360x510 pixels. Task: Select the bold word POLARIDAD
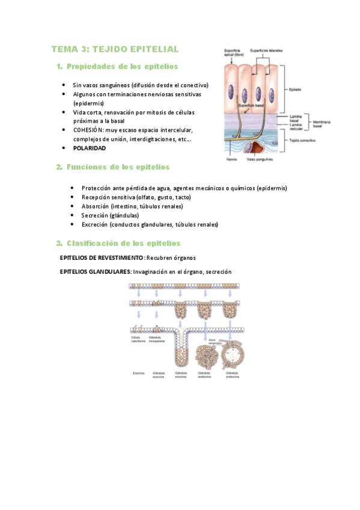pyautogui.click(x=90, y=147)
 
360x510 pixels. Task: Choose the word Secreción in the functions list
pyautogui.click(x=95, y=215)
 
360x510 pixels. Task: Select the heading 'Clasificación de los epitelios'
pyautogui.click(x=123, y=243)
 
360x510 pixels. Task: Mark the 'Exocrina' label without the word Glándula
pyautogui.click(x=139, y=373)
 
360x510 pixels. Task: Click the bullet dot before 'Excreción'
pyautogui.click(x=72, y=224)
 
